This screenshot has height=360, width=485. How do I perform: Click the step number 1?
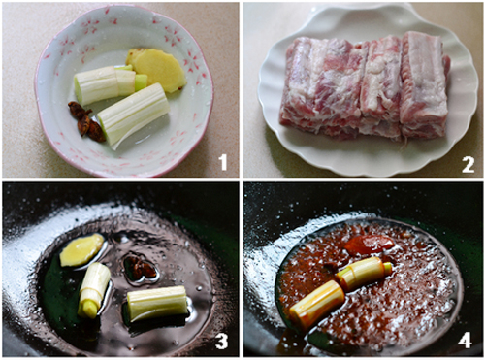pyautogui.click(x=223, y=162)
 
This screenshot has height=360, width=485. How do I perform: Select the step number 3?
pyautogui.click(x=221, y=342)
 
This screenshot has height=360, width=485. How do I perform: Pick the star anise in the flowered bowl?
pyautogui.click(x=86, y=121)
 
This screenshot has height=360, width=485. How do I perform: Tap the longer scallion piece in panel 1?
pyautogui.click(x=133, y=114)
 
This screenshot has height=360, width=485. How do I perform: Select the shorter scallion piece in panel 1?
pyautogui.click(x=107, y=83)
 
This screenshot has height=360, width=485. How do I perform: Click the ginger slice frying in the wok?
pyautogui.click(x=81, y=250)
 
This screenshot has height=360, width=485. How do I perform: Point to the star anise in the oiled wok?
pyautogui.click(x=141, y=268)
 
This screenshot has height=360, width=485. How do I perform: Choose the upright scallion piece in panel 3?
pyautogui.click(x=94, y=289)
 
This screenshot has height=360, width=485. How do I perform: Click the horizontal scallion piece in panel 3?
pyautogui.click(x=157, y=303)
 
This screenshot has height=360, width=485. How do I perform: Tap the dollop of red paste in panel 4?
pyautogui.click(x=370, y=244)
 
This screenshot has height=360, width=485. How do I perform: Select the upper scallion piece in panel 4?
pyautogui.click(x=364, y=273)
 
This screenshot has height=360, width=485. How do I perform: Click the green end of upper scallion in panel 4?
pyautogui.click(x=388, y=268)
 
